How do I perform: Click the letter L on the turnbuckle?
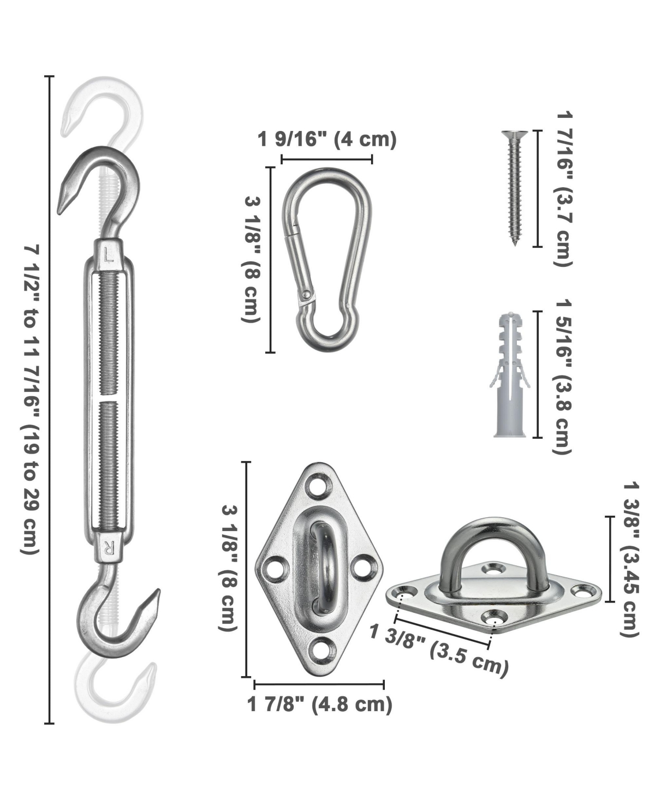[109, 254]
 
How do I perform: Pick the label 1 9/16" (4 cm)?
[326, 140]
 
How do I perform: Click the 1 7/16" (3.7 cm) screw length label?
[564, 189]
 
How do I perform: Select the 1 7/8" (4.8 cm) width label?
[320, 704]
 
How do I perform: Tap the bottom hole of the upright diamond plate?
[320, 650]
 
